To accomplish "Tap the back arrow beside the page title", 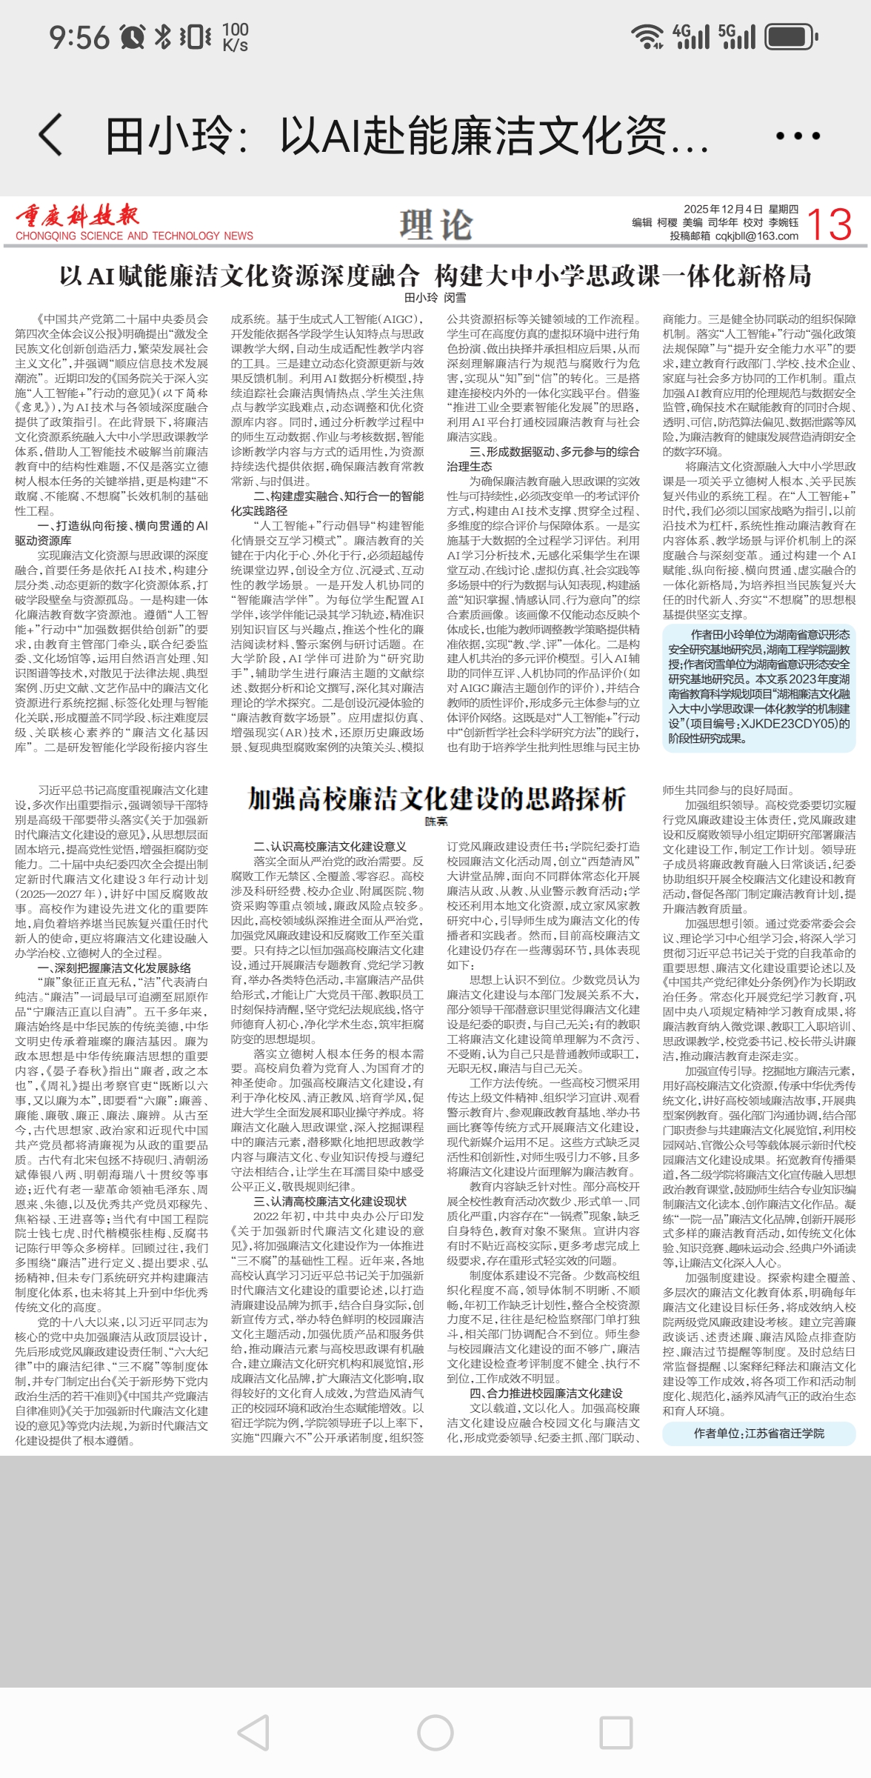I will tap(50, 136).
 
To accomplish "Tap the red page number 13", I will tap(829, 224).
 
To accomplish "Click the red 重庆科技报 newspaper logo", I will tap(78, 216).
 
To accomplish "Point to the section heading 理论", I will tap(435, 224).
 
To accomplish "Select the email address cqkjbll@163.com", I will tap(756, 236).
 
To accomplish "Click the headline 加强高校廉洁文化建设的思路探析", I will tap(436, 799).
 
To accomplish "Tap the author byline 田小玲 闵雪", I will tap(435, 298).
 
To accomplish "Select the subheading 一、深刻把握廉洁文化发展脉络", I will tap(114, 968).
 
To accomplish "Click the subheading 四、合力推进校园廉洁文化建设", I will tap(546, 1393).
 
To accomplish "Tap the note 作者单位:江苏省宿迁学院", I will tap(758, 1433).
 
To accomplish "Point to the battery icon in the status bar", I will tap(790, 36).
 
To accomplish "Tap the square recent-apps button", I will tap(615, 1733).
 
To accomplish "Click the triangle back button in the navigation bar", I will tap(254, 1733).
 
